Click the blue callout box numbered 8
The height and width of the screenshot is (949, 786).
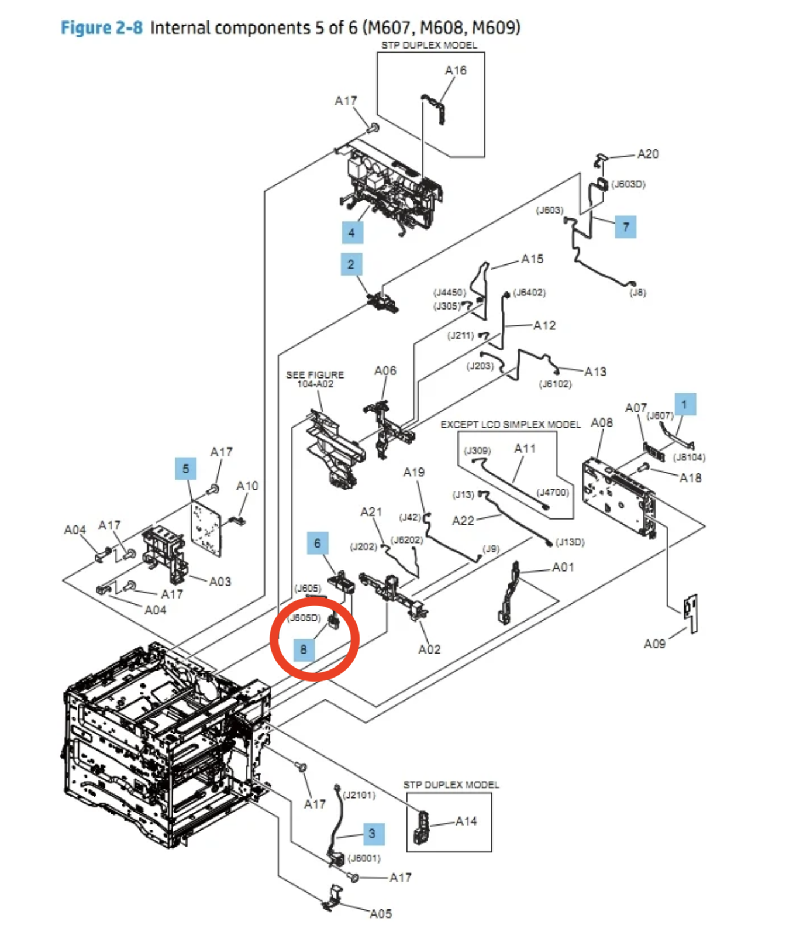click(x=303, y=649)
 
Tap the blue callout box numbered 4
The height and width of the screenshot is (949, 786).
click(x=352, y=232)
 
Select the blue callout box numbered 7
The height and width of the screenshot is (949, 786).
click(x=625, y=226)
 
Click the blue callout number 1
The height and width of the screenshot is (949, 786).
click(x=684, y=404)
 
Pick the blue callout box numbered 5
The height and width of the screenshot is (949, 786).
click(x=186, y=469)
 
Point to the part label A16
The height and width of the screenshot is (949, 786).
click(x=456, y=71)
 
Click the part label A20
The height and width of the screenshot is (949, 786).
click(x=647, y=154)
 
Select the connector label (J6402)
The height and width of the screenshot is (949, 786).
click(x=529, y=293)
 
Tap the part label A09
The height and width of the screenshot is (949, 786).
click(x=654, y=644)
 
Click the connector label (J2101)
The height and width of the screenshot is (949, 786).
click(x=359, y=795)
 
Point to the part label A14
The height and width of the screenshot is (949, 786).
click(x=466, y=821)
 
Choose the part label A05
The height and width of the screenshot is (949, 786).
click(x=381, y=913)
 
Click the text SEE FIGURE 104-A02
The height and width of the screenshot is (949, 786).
click(x=315, y=379)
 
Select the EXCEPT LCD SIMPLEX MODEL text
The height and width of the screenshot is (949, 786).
click(x=511, y=424)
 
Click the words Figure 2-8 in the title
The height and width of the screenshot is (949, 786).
click(x=102, y=27)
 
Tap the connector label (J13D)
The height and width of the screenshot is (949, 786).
click(x=570, y=542)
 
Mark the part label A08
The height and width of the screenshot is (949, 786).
click(x=602, y=422)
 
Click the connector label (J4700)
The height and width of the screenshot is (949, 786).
click(x=553, y=492)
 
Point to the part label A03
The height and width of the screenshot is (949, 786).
click(x=220, y=581)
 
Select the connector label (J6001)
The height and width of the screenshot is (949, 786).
click(x=364, y=858)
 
